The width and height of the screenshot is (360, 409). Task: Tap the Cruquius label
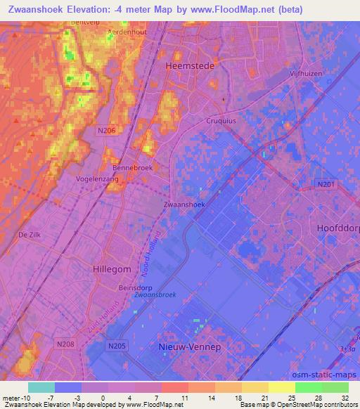[x=200, y=119]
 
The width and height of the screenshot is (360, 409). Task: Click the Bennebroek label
[x=133, y=168]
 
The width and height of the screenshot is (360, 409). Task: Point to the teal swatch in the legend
[x=41, y=387]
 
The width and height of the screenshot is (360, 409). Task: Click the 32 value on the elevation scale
[x=345, y=398]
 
